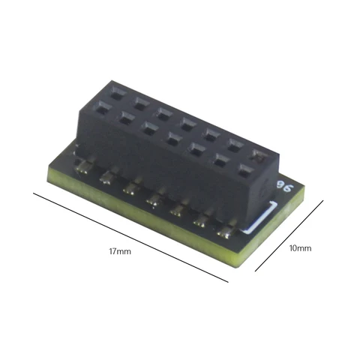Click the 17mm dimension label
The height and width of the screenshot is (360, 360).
click(119, 252)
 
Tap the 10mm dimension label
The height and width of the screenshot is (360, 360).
click(299, 247)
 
